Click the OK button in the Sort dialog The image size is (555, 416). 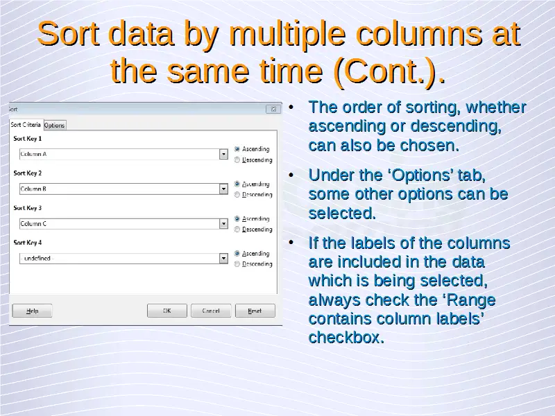167,311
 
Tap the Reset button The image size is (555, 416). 255,311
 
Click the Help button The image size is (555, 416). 32,311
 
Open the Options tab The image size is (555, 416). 55,125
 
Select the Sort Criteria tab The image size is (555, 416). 26,125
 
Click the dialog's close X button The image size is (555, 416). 273,109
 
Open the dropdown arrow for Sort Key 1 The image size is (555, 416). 223,154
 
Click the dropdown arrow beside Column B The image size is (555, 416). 223,189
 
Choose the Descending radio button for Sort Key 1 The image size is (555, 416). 237,160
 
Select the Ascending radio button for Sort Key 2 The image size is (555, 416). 237,184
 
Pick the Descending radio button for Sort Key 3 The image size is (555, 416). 237,229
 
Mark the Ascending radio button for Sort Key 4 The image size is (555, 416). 237,253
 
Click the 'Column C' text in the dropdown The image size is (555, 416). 33,223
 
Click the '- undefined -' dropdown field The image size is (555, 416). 119,258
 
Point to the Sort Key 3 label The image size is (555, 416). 28,207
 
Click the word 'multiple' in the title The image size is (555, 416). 287,35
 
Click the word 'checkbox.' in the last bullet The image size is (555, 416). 346,337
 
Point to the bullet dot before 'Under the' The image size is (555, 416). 291,175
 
